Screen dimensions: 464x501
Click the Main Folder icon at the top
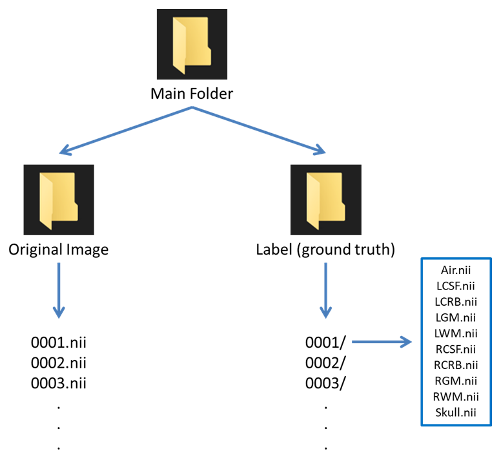pos(192,44)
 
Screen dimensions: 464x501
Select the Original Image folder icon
pos(59,199)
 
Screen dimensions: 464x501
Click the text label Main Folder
pos(192,94)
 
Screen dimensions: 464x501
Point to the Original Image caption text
pos(59,249)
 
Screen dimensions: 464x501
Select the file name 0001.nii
pos(59,343)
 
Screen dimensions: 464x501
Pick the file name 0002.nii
pos(59,363)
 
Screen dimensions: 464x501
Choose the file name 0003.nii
pos(59,383)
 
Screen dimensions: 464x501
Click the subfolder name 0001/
pos(326,343)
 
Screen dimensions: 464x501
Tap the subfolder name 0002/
pos(326,363)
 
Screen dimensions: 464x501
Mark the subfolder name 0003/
pos(326,383)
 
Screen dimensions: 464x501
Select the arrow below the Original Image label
pos(59,291)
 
